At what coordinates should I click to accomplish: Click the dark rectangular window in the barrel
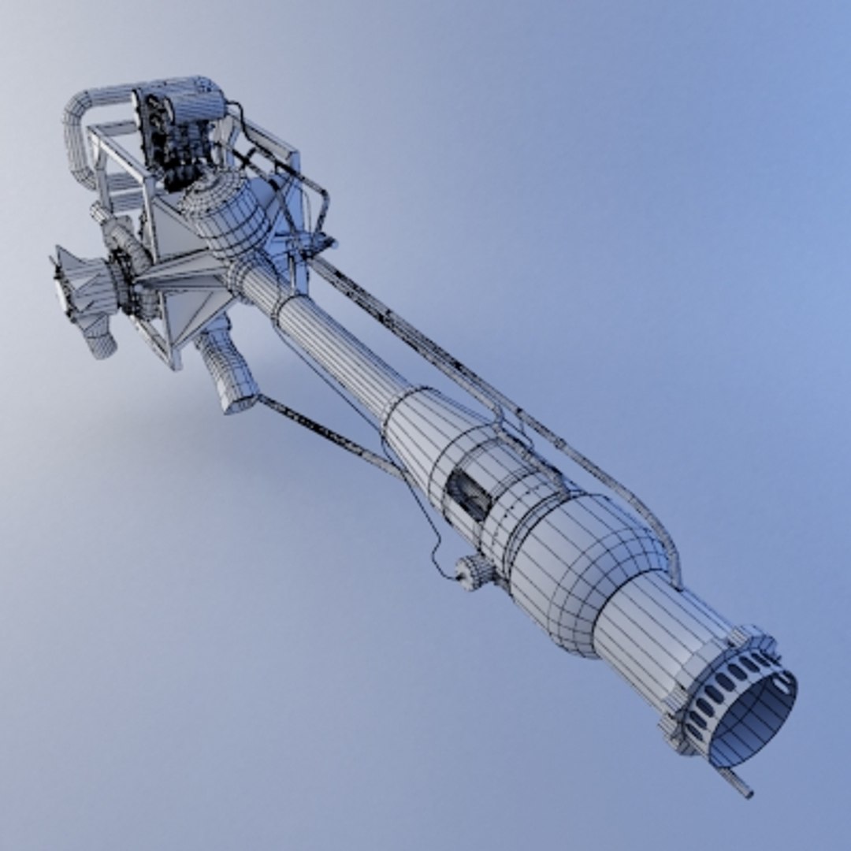[468, 496]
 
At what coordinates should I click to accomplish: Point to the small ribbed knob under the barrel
[476, 571]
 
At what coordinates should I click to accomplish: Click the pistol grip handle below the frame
[229, 370]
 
